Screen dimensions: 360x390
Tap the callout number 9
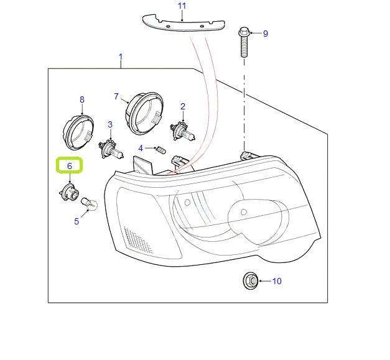coord(265,34)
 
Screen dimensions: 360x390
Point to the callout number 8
coord(81,99)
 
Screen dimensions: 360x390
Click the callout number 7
coord(116,96)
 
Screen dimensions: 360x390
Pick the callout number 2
coord(183,106)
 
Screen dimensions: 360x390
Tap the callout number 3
coord(109,124)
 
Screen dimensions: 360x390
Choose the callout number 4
coord(141,148)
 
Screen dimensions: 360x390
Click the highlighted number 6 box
coord(70,166)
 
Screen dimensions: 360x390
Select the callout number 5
coord(77,221)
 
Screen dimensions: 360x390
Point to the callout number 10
coord(276,281)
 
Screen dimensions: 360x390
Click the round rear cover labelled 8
coord(79,131)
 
